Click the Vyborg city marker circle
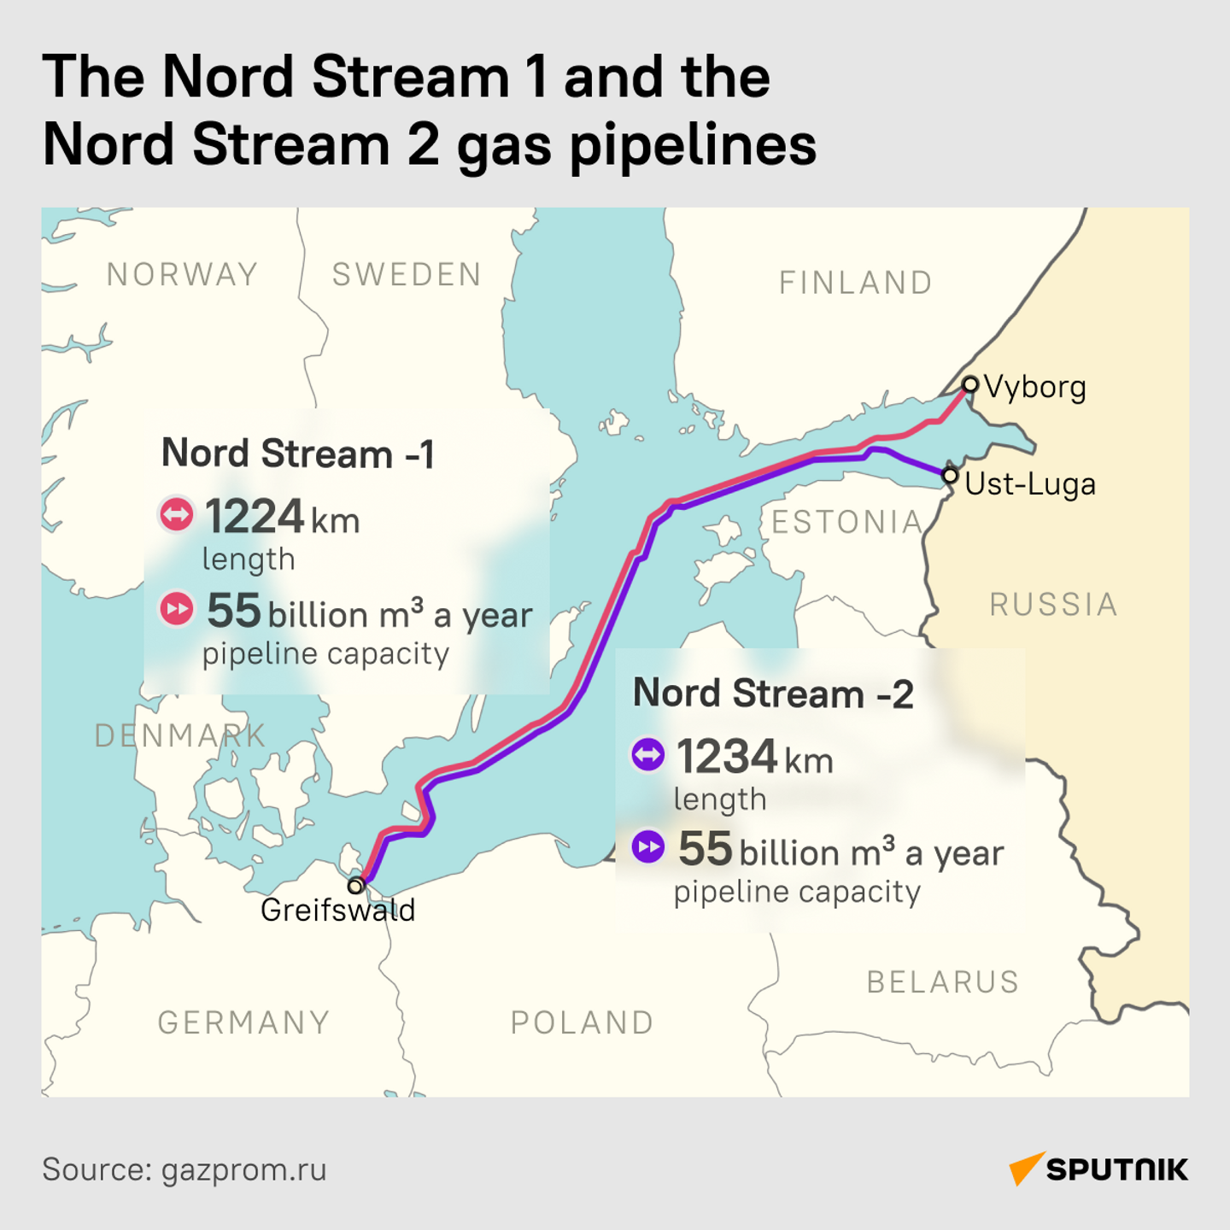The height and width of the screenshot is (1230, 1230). click(x=969, y=384)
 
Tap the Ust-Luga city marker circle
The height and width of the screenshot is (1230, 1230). click(x=950, y=475)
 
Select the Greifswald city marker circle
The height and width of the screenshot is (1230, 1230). click(x=356, y=885)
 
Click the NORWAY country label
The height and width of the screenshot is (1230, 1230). click(x=182, y=275)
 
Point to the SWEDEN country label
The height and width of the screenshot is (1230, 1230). click(x=407, y=275)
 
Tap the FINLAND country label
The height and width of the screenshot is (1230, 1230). click(x=855, y=283)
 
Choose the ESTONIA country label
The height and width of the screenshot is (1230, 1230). click(x=846, y=522)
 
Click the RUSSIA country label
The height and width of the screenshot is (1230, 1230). click(x=1053, y=605)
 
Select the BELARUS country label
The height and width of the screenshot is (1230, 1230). click(x=943, y=982)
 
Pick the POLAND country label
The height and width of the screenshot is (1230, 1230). click(x=582, y=1022)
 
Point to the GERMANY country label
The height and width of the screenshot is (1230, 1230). click(x=243, y=1022)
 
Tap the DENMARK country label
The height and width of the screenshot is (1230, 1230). click(x=179, y=735)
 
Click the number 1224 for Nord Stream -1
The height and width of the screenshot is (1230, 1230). click(x=255, y=517)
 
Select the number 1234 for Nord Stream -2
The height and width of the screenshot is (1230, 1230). click(x=727, y=757)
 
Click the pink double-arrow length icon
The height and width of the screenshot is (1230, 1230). click(x=177, y=514)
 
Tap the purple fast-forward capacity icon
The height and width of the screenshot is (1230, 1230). click(x=648, y=847)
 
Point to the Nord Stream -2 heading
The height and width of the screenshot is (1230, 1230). click(x=773, y=694)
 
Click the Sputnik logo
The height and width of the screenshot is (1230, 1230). click(x=1098, y=1169)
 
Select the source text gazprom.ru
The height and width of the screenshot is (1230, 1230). click(x=243, y=1170)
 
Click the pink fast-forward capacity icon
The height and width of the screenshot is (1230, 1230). click(x=177, y=609)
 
